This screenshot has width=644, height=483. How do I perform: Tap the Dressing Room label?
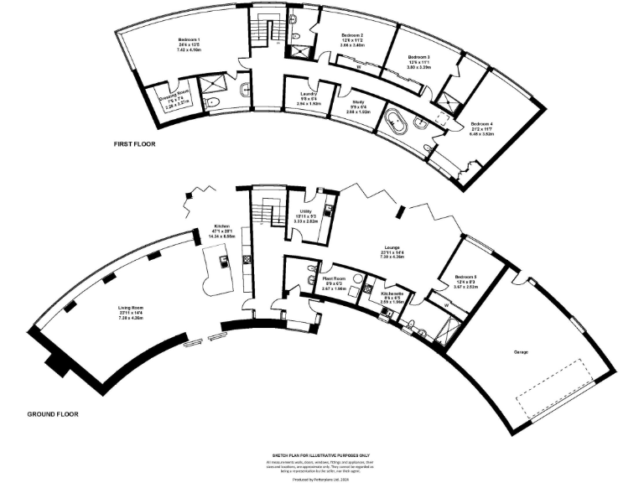[x=176, y=96]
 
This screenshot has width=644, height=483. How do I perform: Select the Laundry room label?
[x=307, y=95]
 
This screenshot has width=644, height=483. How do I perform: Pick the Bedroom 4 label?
[x=481, y=124]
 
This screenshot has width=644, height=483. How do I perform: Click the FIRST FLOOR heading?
[x=134, y=144]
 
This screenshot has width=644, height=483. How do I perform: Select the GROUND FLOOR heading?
[x=54, y=414]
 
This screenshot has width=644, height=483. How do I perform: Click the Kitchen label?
[x=221, y=227]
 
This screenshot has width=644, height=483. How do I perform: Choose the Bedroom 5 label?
[x=465, y=278]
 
